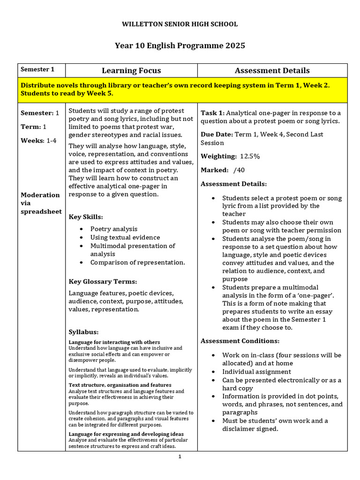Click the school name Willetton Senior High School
180,24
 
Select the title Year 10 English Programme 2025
180,45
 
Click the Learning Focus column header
131,71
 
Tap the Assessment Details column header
272,71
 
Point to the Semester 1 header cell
37,69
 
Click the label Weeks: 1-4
38,141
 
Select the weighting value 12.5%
250,156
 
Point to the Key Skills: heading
86,217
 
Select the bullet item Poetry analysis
114,229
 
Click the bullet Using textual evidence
125,238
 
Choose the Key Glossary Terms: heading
103,282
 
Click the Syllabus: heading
83,332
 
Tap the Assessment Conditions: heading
240,341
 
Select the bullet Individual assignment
256,372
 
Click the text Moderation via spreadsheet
41,203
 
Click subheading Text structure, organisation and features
120,385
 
